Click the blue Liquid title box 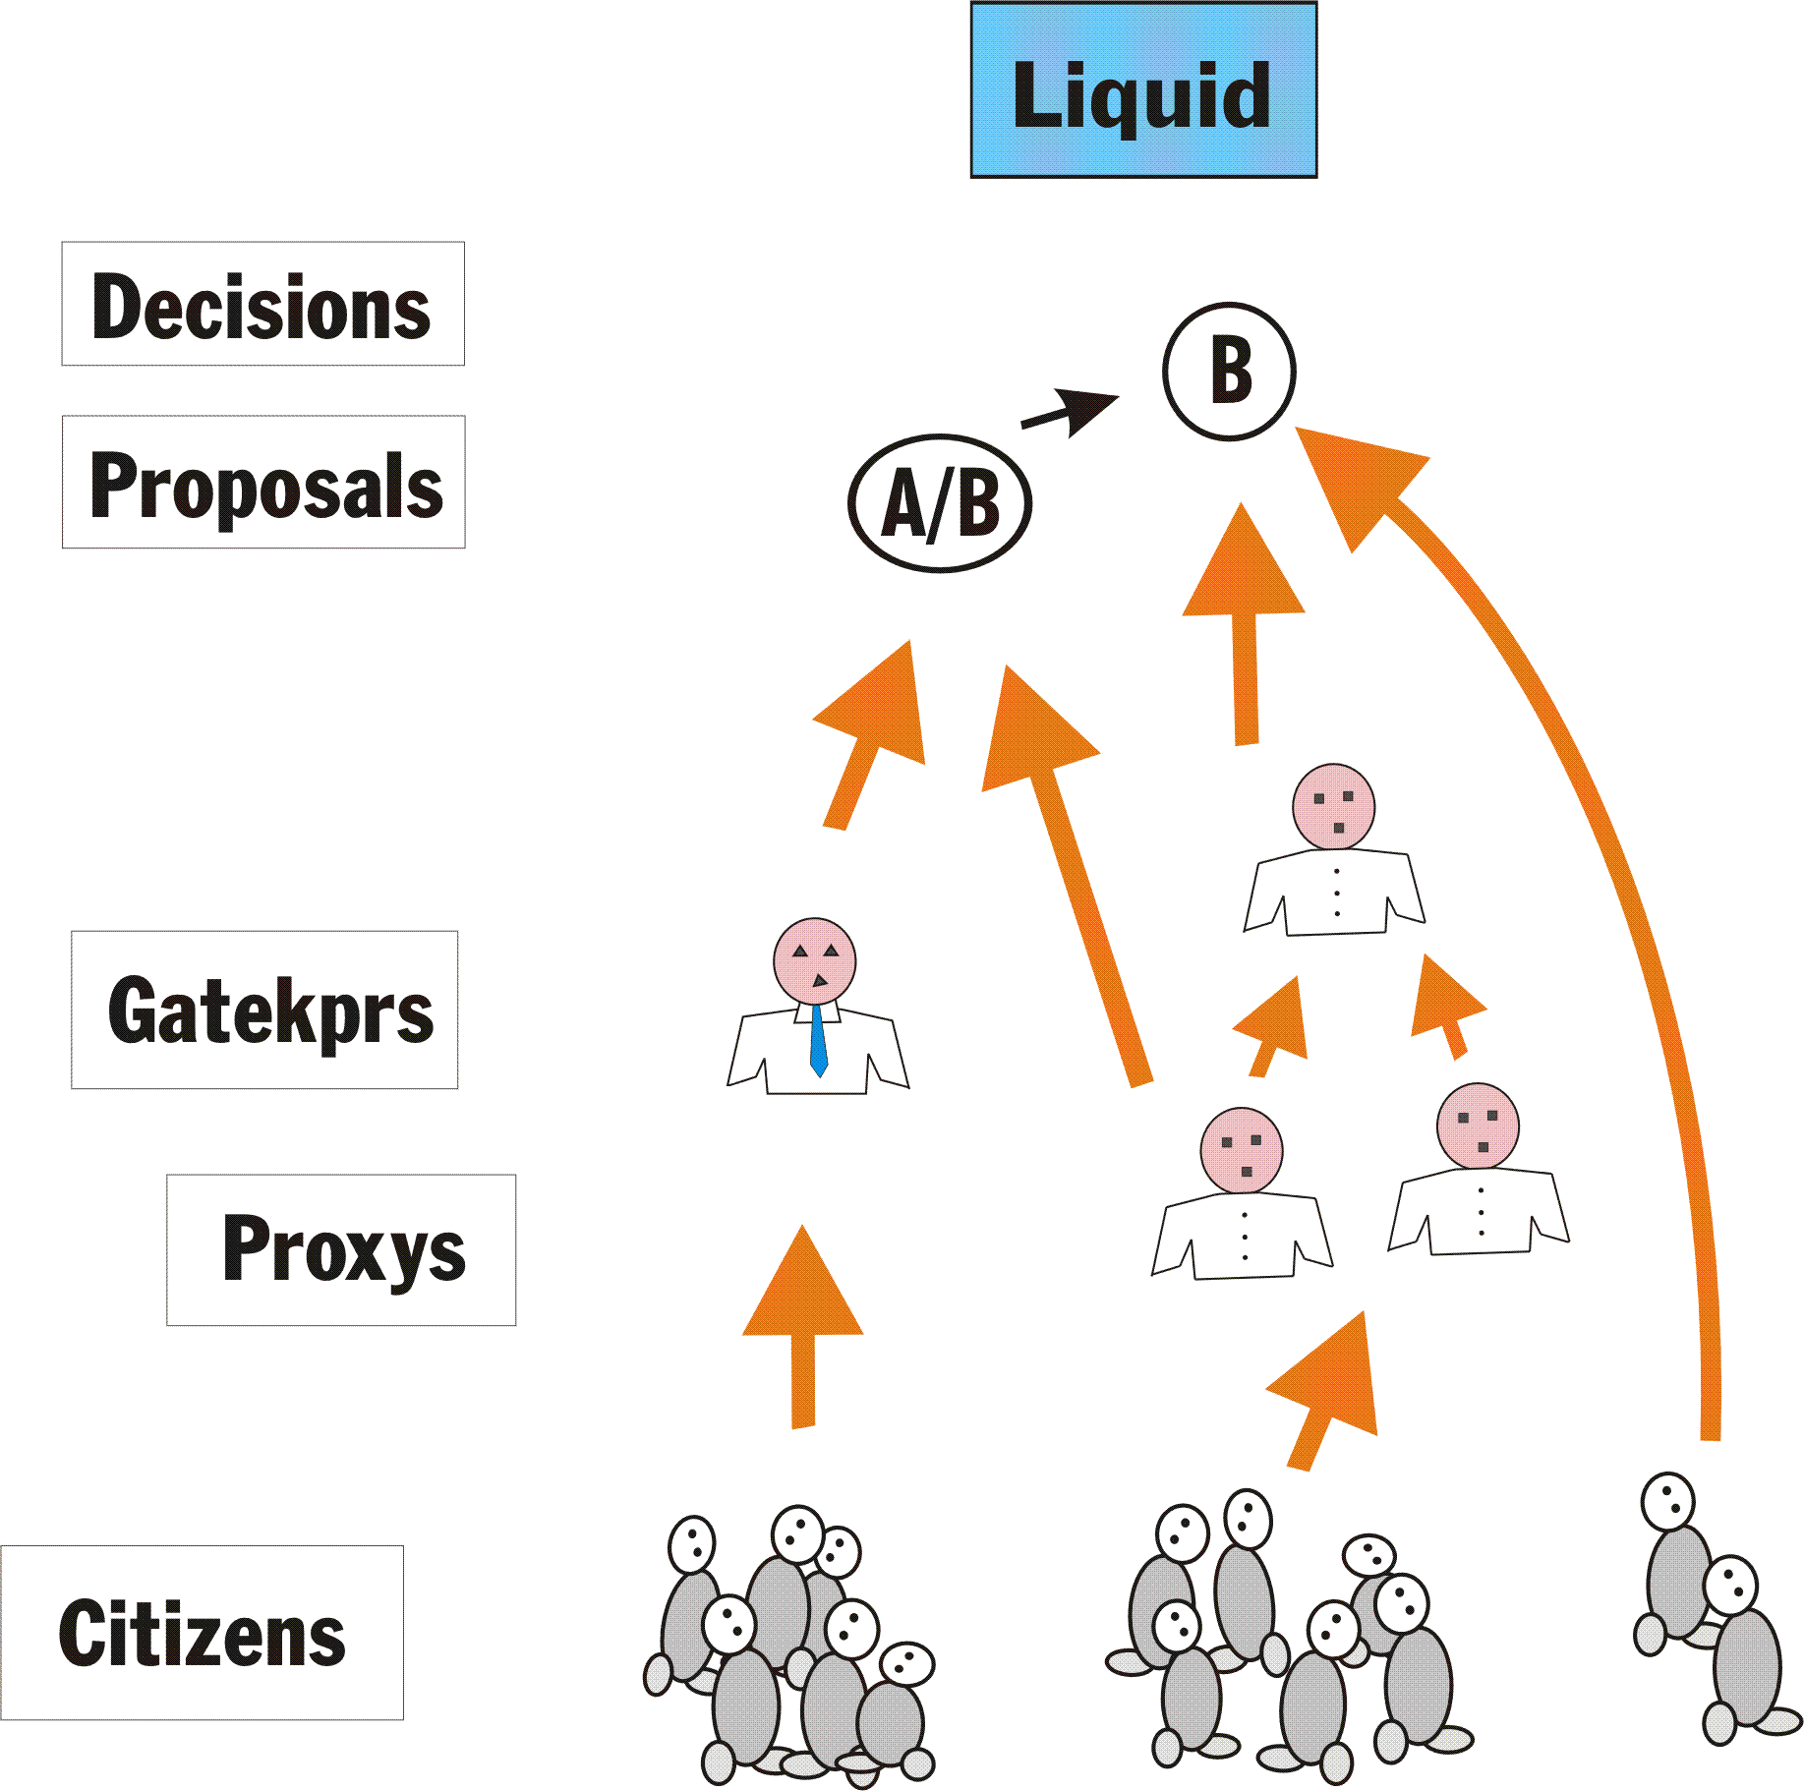pyautogui.click(x=1143, y=90)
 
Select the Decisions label pyautogui.click(x=262, y=304)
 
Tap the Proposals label pyautogui.click(x=263, y=482)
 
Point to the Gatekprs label pyautogui.click(x=264, y=1010)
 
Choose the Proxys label pyautogui.click(x=341, y=1249)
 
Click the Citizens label pyautogui.click(x=202, y=1632)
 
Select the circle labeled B pyautogui.click(x=1229, y=372)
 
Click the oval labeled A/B pyautogui.click(x=940, y=503)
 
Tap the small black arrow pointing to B pyautogui.click(x=1070, y=411)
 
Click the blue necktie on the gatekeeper pyautogui.click(x=818, y=1040)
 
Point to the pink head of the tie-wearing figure pyautogui.click(x=814, y=960)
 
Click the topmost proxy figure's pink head pyautogui.click(x=1333, y=806)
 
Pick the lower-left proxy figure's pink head pyautogui.click(x=1241, y=1150)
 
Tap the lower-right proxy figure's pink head pyautogui.click(x=1478, y=1126)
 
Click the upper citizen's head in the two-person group pyautogui.click(x=1667, y=1501)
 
